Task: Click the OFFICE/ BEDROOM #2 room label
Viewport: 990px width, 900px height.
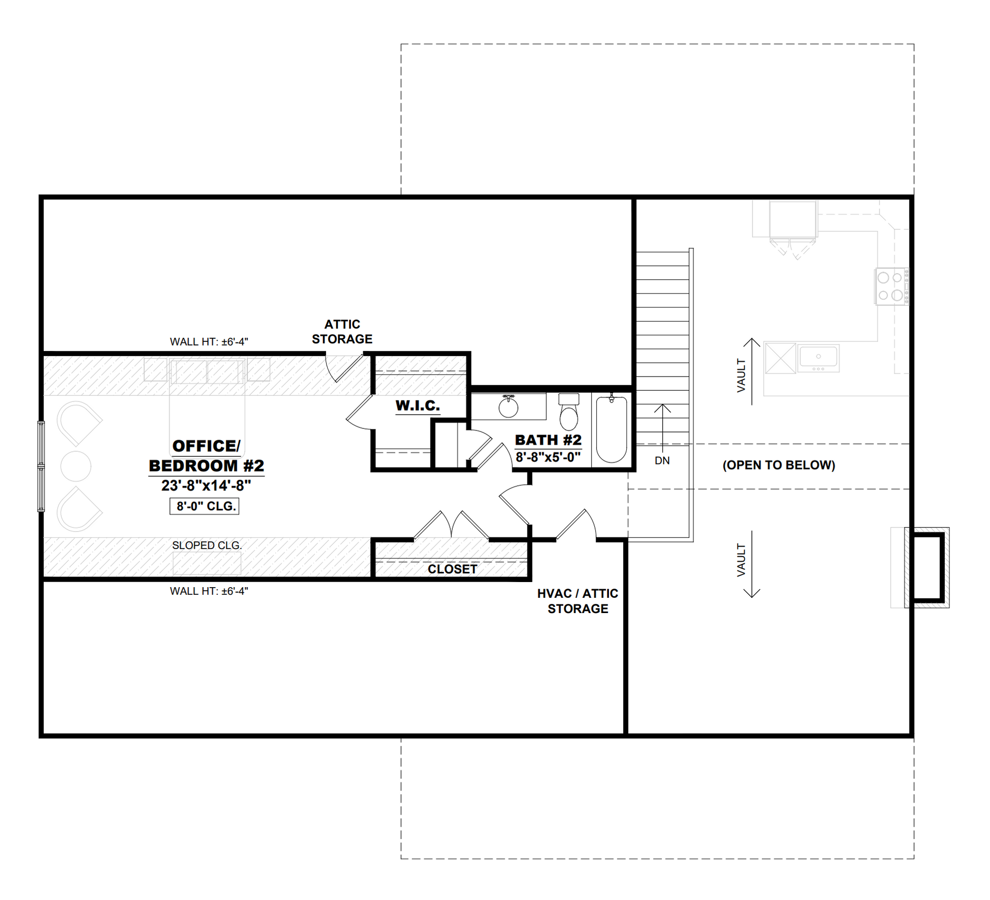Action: (x=206, y=456)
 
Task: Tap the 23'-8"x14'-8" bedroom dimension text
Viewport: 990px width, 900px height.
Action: (x=206, y=486)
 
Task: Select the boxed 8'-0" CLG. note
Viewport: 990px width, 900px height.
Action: (x=205, y=506)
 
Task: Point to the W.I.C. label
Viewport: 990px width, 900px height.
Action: (x=418, y=405)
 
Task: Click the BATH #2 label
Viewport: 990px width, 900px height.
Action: (x=548, y=440)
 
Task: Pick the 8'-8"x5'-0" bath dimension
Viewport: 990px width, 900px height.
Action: (x=548, y=457)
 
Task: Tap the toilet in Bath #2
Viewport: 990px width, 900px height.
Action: (x=569, y=412)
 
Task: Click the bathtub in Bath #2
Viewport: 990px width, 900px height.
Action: (x=612, y=429)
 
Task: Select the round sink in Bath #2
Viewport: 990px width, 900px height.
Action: (x=508, y=407)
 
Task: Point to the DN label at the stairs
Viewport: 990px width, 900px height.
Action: (x=662, y=460)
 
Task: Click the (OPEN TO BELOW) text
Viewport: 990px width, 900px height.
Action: (x=779, y=465)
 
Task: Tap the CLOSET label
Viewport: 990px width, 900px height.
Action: (x=452, y=569)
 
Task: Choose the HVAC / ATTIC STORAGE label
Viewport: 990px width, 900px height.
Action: (x=578, y=601)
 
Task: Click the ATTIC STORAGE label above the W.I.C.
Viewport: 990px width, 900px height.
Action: (x=342, y=332)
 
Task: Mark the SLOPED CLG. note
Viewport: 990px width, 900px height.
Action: (x=207, y=545)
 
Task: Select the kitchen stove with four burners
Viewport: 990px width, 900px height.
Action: (x=891, y=286)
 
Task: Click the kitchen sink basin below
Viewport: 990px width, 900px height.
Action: (x=819, y=358)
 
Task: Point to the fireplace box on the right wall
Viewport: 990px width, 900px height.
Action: (x=927, y=567)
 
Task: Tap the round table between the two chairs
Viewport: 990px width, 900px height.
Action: (x=76, y=466)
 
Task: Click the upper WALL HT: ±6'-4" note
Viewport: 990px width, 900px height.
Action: (x=209, y=342)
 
